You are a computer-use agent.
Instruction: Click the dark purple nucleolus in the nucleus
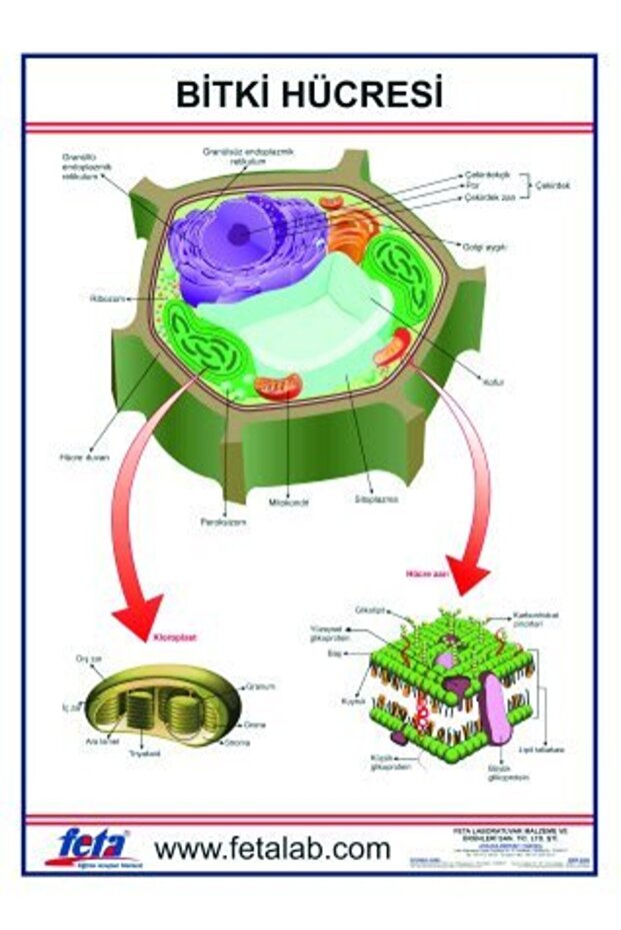click(x=238, y=234)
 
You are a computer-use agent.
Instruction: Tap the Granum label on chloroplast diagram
click(x=262, y=687)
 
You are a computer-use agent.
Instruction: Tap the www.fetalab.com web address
click(x=272, y=849)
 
